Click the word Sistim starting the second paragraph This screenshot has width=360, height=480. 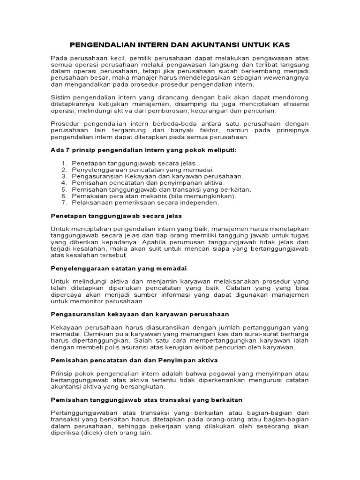60,97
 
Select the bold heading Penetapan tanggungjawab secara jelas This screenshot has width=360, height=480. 116,216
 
